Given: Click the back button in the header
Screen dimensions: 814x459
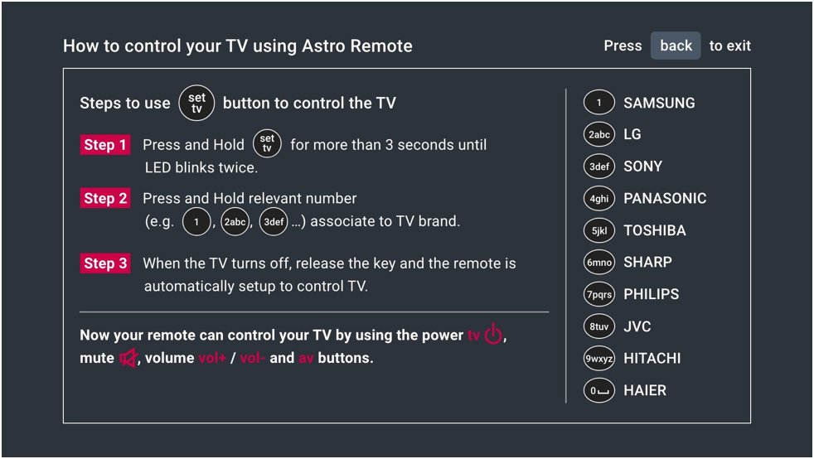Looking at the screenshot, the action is [x=676, y=46].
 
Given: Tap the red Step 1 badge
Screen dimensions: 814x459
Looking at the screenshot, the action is [x=105, y=145].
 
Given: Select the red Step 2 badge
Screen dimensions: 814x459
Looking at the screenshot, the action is [x=105, y=198].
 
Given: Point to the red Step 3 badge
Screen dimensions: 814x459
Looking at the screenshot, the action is [x=105, y=263].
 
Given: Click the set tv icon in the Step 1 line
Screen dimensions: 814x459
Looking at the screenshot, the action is [x=267, y=143].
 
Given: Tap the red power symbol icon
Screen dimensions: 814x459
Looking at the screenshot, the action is [x=493, y=334].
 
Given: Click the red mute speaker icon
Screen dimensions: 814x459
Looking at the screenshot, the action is [x=128, y=358].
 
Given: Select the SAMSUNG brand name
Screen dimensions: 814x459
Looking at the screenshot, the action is [x=659, y=103].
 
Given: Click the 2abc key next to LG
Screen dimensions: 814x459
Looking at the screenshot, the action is [x=599, y=134].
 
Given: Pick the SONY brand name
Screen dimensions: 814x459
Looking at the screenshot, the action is [x=642, y=167].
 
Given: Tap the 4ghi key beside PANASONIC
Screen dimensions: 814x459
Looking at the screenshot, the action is [x=599, y=199].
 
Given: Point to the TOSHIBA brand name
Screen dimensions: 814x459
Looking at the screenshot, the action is [x=655, y=230].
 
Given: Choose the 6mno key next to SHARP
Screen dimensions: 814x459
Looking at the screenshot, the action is [x=599, y=263].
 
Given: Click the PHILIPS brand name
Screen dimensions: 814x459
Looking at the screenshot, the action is [x=651, y=294].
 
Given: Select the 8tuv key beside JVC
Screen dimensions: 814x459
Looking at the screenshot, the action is [x=599, y=326].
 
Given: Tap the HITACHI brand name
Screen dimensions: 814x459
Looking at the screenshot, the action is [x=652, y=359].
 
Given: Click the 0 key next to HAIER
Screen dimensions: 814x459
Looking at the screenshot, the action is [x=599, y=390].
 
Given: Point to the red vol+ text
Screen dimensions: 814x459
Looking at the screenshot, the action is [x=212, y=358].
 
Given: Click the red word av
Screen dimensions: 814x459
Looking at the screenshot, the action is [x=306, y=359].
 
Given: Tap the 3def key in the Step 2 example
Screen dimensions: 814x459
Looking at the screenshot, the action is [x=274, y=222].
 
